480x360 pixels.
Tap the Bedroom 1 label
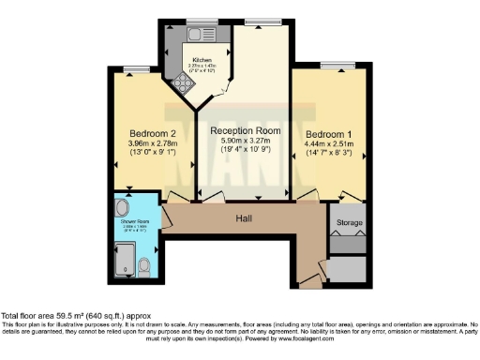coord(329,134)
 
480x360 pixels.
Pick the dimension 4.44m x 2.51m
coord(329,144)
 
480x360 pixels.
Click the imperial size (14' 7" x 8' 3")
coord(329,154)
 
